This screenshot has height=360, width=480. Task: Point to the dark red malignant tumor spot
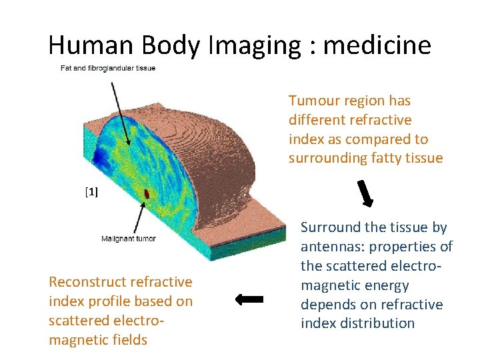tap(147, 193)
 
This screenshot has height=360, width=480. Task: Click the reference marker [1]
tap(91, 193)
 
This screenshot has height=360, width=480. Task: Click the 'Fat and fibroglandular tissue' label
tap(108, 68)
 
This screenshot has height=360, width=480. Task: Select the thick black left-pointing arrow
tap(249, 299)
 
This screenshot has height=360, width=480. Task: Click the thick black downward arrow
tap(367, 193)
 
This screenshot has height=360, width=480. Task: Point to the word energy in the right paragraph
tap(385, 285)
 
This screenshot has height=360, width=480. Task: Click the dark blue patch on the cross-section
tap(101, 157)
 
